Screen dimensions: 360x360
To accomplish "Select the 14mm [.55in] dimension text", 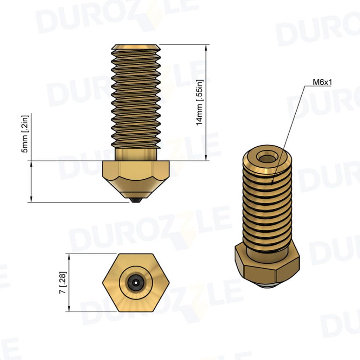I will coord(199,103).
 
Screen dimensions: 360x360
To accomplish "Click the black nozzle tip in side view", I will coord(136,200).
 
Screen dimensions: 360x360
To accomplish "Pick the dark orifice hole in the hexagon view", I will coord(136,283).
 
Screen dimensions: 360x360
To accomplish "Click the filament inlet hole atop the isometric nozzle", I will coord(267,157).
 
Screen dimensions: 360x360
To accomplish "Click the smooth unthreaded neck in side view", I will coord(136,154).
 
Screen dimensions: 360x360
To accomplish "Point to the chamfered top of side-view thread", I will coord(136,46).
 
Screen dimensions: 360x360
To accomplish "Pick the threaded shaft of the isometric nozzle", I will coord(267,207).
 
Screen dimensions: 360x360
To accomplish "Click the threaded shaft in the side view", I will coord(136,98).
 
